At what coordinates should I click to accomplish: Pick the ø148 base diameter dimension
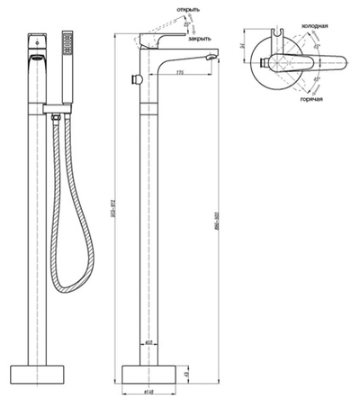[151, 398]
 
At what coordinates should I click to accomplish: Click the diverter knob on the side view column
[136, 81]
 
